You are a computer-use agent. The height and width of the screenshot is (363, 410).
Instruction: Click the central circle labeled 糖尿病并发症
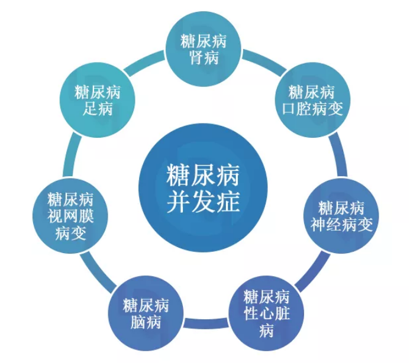click(x=203, y=188)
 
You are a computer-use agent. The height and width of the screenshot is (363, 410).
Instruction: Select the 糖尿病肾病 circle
click(x=204, y=49)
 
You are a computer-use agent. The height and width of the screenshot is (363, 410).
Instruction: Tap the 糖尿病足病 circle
click(x=98, y=100)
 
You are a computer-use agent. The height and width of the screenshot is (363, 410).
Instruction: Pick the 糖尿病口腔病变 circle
click(x=312, y=100)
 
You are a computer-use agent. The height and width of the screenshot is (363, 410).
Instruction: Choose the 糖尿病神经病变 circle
click(x=341, y=216)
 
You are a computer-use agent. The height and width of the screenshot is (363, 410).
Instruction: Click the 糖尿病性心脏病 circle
click(x=266, y=313)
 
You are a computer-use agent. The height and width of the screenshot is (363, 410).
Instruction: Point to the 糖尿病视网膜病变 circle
click(x=70, y=216)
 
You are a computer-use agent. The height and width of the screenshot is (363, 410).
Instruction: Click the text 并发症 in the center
click(x=203, y=202)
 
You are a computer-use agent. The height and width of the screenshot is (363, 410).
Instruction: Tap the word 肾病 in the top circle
click(x=204, y=57)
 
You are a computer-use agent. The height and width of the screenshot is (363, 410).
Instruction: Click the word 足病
click(x=98, y=108)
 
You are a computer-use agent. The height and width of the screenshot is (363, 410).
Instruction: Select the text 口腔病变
click(x=312, y=108)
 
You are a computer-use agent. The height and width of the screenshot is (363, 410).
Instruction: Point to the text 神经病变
click(x=341, y=225)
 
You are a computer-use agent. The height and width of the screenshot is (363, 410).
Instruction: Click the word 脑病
click(x=146, y=322)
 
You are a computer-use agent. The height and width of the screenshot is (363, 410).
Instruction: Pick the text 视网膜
click(x=70, y=216)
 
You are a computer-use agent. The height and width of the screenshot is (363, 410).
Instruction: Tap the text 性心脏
click(x=266, y=313)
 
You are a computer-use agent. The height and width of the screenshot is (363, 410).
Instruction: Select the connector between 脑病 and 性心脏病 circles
click(x=206, y=323)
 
